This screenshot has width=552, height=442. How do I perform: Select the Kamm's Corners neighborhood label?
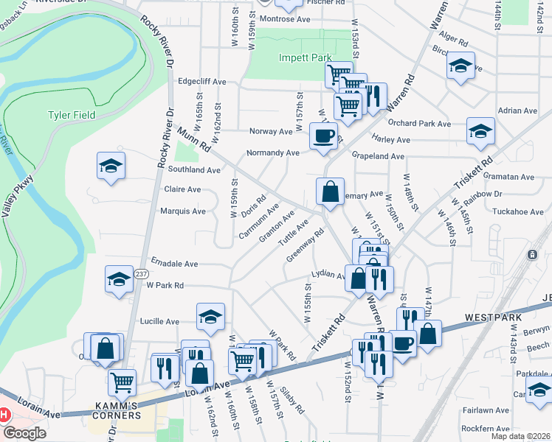click(x=117, y=415)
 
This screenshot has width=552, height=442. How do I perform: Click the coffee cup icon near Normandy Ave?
click(x=323, y=136)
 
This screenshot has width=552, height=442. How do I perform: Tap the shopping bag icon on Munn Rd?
click(x=331, y=191)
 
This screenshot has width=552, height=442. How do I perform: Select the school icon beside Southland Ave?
click(x=111, y=165)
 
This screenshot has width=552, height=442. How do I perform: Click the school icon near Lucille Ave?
click(x=210, y=317)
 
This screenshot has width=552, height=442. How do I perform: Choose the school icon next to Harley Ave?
click(x=480, y=131)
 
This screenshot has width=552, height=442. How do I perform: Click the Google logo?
click(x=24, y=433)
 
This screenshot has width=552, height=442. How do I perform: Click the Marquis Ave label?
click(x=182, y=211)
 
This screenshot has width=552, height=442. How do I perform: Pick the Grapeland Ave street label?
click(x=378, y=157)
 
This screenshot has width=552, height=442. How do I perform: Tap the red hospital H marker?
click(x=4, y=415)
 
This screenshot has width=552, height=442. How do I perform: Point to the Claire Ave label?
click(x=182, y=189)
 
